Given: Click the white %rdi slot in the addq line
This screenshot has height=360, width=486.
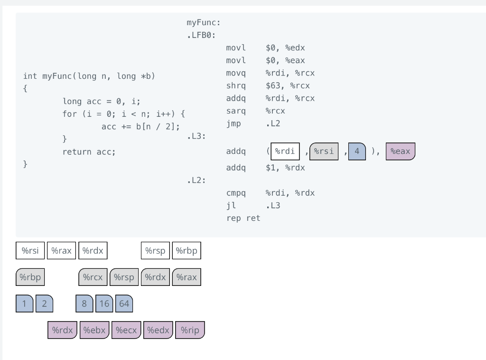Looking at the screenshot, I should click(x=285, y=152).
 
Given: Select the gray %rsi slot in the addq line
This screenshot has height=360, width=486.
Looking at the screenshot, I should click(x=324, y=152).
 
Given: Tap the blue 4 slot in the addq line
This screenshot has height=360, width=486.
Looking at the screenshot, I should click(x=357, y=152).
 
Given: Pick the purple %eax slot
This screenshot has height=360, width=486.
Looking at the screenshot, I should click(x=400, y=152).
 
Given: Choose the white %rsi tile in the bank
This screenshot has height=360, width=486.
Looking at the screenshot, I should click(x=30, y=251).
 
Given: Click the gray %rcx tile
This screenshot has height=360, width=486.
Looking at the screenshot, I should click(x=93, y=277).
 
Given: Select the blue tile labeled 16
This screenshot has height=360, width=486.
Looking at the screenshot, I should click(x=104, y=303).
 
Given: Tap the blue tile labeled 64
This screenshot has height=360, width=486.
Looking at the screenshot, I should click(x=124, y=303).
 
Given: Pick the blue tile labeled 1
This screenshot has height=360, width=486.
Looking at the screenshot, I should click(x=24, y=303).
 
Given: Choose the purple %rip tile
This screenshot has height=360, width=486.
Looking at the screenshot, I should click(x=190, y=330).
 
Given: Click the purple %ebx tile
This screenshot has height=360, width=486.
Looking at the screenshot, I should click(x=94, y=330).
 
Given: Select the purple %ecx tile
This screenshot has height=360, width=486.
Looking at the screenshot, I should click(x=126, y=330).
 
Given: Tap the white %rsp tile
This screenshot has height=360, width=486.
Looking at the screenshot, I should click(x=156, y=251).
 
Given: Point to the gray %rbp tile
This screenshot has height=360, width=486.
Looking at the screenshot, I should click(x=30, y=277).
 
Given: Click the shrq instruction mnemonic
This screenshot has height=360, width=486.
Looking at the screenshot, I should click(x=236, y=86).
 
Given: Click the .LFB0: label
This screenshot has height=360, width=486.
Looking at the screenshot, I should click(x=201, y=35).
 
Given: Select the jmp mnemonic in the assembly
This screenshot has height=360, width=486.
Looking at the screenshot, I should click(x=234, y=124).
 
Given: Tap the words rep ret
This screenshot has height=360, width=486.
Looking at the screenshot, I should click(x=243, y=218).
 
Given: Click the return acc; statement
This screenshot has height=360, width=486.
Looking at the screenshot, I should click(x=89, y=152).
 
